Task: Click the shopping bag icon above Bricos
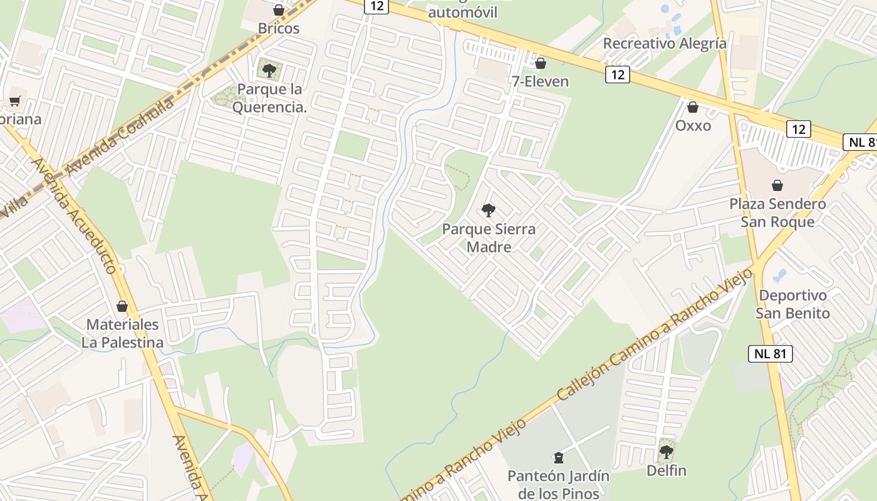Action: click(279, 10)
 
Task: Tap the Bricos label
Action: click(279, 28)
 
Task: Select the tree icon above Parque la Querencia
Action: click(269, 71)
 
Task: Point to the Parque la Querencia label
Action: click(270, 98)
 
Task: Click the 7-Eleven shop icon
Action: click(541, 63)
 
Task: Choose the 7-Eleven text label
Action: click(541, 81)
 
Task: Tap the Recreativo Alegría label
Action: click(665, 43)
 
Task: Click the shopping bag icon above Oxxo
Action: click(693, 107)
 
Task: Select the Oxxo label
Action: click(693, 125)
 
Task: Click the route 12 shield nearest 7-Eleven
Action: click(618, 75)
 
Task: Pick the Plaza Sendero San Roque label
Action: click(777, 213)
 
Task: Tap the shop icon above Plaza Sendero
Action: click(777, 185)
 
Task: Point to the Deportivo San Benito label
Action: click(792, 304)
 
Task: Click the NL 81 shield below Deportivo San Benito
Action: click(771, 353)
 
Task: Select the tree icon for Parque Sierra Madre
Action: click(489, 210)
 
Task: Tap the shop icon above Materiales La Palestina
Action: click(122, 306)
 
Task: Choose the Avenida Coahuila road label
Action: click(119, 137)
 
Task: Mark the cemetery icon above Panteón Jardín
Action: click(558, 458)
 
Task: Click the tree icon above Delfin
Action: click(667, 452)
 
